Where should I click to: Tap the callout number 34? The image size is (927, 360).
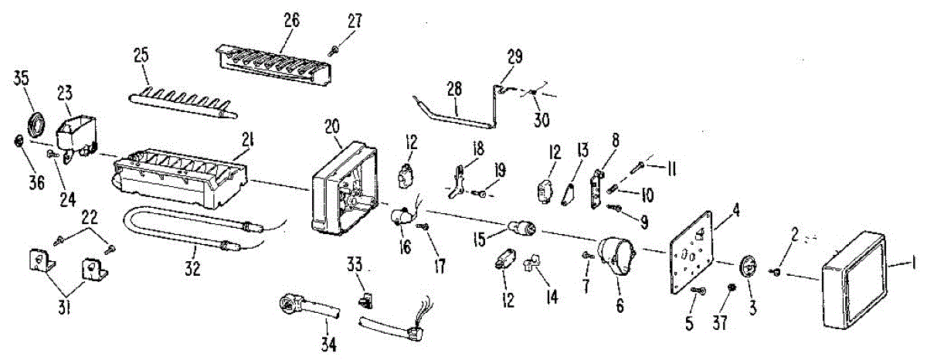point(329,344)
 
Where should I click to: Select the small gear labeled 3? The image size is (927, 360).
point(748,267)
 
